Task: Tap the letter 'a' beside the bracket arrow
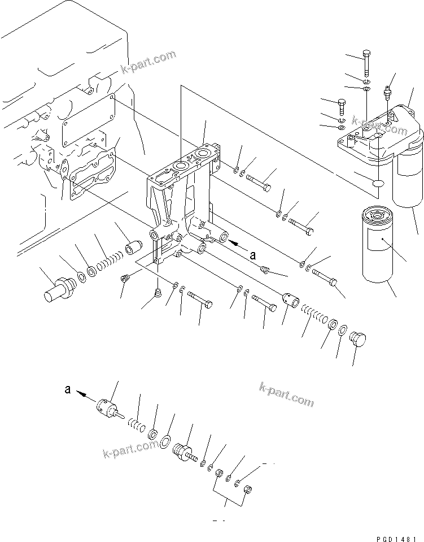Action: pyautogui.click(x=253, y=255)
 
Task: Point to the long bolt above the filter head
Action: pyautogui.click(x=366, y=63)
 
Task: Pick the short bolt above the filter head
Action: pyautogui.click(x=341, y=106)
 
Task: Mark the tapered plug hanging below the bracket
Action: pyautogui.click(x=159, y=293)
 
